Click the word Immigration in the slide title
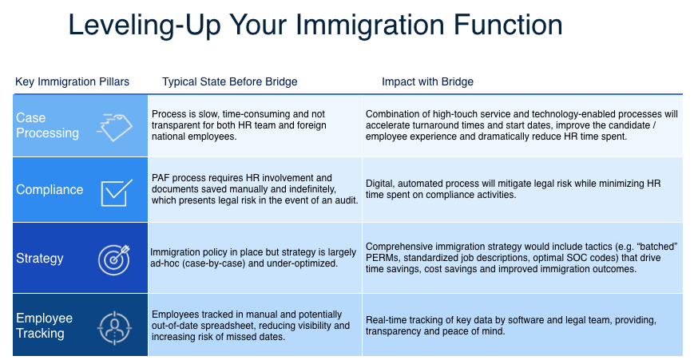point(370,26)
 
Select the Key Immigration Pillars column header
point(72,82)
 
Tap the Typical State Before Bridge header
point(230,82)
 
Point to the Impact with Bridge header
point(427,82)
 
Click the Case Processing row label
point(47,125)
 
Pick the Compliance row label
point(50,189)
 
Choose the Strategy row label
point(40,258)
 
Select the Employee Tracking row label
point(44,326)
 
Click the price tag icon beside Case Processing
point(115,127)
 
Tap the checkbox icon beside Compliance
point(117,192)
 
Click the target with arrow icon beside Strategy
point(114,259)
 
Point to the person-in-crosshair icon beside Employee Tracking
point(114,327)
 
